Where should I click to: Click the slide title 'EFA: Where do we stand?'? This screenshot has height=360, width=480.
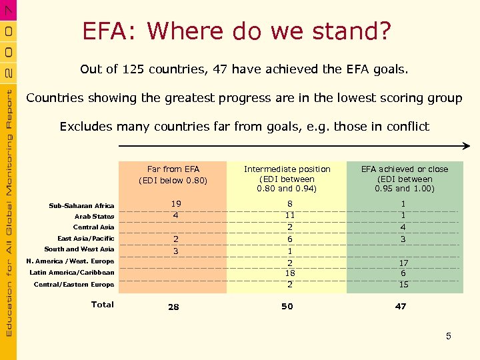coord(237,31)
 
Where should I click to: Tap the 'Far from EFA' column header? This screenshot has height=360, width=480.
coord(173,175)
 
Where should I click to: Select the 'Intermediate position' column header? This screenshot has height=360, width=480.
coord(287,179)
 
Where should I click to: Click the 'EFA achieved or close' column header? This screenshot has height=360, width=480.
coord(405,179)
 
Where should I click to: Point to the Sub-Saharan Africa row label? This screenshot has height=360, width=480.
coord(81,206)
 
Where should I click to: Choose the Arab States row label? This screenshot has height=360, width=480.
coord(94,217)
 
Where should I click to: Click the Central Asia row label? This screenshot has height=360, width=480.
coord(93,227)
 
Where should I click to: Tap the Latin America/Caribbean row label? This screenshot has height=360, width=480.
coord(72,273)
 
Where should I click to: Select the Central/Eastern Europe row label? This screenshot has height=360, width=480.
coord(74,285)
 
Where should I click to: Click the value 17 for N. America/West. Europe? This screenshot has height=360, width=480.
coord(403,263)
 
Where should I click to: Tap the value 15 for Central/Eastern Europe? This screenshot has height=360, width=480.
coord(403,285)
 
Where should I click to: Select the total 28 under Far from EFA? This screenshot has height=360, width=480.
coord(173,307)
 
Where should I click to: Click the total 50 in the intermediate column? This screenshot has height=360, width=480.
coord(287,307)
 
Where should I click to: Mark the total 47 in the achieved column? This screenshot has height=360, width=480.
coord(400,307)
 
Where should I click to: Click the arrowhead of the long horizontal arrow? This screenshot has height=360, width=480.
coord(467,146)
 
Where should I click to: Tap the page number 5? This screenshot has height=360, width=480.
coord(449,336)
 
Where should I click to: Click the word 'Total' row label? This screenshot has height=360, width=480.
coord(102,305)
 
